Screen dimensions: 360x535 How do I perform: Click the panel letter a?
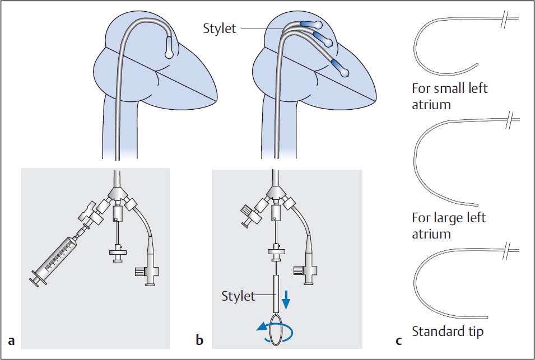pos(11,340)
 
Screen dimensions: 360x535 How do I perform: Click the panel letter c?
pos(398,340)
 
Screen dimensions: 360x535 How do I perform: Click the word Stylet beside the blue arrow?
pos(238,296)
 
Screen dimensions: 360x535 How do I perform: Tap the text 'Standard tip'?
pos(447,331)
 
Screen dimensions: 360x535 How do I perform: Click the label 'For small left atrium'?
pos(449,96)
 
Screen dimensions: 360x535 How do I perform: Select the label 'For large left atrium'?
pos(449,225)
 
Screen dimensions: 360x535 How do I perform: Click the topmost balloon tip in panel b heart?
pos(318,25)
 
